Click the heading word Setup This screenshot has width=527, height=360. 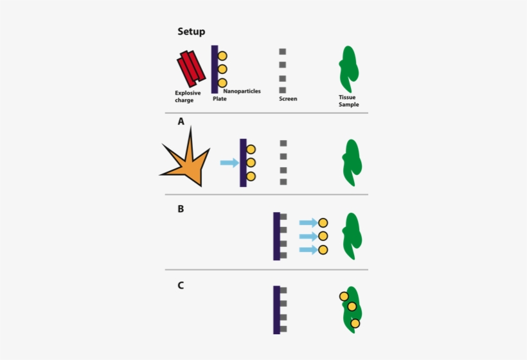pos(191,32)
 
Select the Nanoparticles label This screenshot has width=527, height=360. pos(242,91)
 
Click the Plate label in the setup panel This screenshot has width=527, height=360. pos(220,99)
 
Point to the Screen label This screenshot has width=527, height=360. pos(288,99)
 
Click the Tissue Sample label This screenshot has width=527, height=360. pos(348,101)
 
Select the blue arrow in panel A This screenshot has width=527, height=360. pos(229,163)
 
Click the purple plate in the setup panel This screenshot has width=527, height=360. pos(215,69)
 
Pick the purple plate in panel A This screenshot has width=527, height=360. pos(243,163)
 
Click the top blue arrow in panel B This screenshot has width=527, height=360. pos(308,222)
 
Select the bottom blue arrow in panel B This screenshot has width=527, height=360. pos(308,249)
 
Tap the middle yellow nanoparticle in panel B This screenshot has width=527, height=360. pos(323,236)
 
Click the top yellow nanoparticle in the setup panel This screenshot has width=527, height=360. pos(222,56)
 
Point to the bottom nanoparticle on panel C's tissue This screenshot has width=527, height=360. pos(355,323)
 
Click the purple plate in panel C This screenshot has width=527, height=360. pos(276,310)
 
